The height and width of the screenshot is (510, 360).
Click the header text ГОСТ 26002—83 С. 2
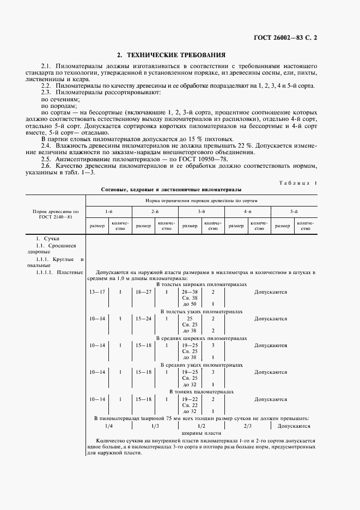coord(285,38)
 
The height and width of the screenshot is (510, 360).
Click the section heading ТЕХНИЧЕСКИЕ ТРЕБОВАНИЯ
coord(172,55)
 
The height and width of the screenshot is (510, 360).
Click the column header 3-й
coord(201,211)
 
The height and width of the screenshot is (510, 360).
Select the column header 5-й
coord(293,211)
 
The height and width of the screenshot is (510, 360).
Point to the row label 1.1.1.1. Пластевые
coord(59,271)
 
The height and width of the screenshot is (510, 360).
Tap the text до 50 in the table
coord(190,303)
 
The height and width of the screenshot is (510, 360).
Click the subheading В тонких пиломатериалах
coord(202,391)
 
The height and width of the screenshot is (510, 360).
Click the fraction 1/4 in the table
coord(108,426)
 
